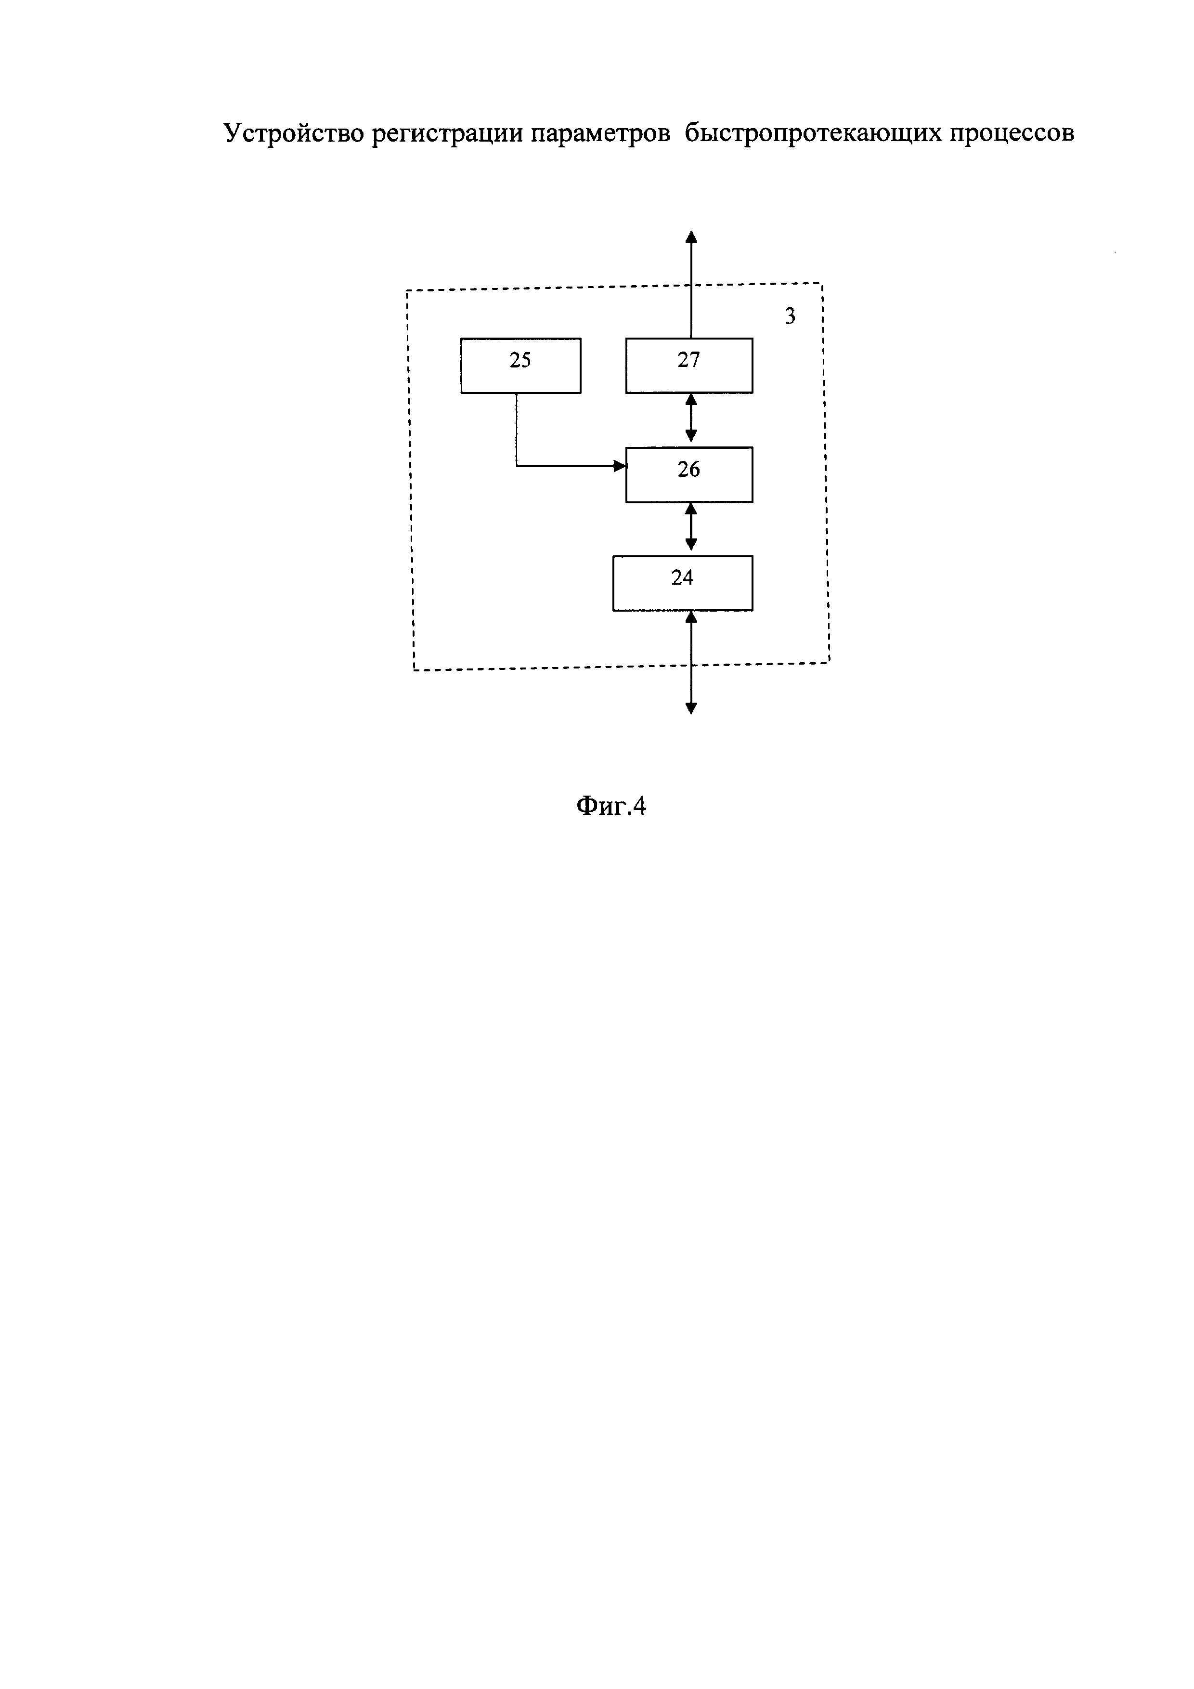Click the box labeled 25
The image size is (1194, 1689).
pos(520,366)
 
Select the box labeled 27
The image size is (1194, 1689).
pos(689,366)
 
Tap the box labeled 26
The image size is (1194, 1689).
pos(689,474)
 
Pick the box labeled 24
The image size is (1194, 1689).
pos(682,583)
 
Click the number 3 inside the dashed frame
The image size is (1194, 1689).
pos(790,316)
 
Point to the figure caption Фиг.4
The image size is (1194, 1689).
pos(610,806)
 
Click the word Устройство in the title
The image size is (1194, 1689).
pos(293,133)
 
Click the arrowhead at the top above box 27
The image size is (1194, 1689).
pos(691,237)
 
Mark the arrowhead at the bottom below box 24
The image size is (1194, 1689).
pos(691,708)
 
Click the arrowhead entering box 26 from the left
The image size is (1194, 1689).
pos(620,466)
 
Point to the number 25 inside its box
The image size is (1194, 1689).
pos(520,360)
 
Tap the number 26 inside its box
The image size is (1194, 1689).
pos(689,470)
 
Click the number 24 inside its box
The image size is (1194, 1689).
pos(682,578)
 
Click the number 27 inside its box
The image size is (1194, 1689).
pos(689,360)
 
